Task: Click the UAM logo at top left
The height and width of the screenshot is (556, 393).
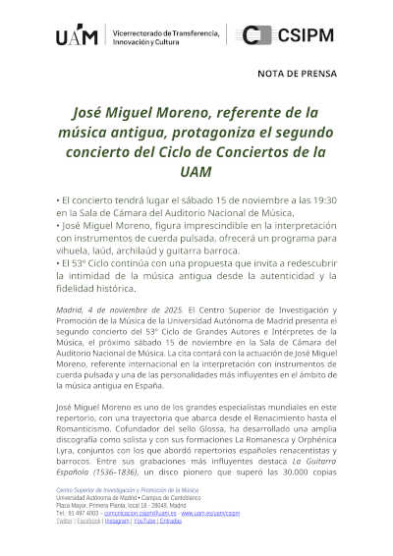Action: [x=77, y=36]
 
